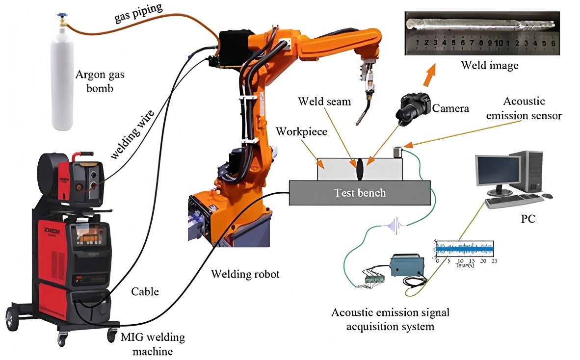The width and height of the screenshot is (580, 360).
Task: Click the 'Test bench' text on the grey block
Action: click(x=360, y=193)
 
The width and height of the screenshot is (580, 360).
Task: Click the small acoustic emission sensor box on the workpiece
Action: click(x=397, y=152)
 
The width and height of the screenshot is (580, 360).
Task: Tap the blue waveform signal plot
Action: click(x=465, y=249)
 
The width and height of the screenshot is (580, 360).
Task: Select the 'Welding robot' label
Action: click(x=245, y=274)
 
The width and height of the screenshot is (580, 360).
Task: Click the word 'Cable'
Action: click(x=145, y=291)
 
